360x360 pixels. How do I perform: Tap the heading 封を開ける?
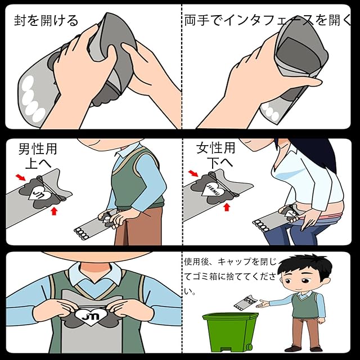pyautogui.click(x=46, y=20)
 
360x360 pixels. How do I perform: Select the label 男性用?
pyautogui.click(x=38, y=148)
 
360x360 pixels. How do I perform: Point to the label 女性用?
pyautogui.click(x=215, y=148)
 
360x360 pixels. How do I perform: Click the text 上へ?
pyautogui.click(x=38, y=164)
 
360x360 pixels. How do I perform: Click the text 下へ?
pyautogui.click(x=220, y=163)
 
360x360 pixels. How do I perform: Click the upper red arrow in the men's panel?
pyautogui.click(x=21, y=177)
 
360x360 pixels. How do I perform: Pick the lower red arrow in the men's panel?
pyautogui.click(x=54, y=211)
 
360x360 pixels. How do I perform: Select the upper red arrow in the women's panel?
pyautogui.click(x=193, y=173)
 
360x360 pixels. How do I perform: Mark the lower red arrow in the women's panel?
pyautogui.click(x=227, y=207)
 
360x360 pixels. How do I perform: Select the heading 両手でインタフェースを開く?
pyautogui.click(x=268, y=20)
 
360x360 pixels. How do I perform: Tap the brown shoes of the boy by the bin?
pyautogui.click(x=304, y=349)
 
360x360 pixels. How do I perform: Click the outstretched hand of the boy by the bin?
pyautogui.click(x=263, y=304)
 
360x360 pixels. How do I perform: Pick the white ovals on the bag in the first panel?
pyautogui.click(x=32, y=99)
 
